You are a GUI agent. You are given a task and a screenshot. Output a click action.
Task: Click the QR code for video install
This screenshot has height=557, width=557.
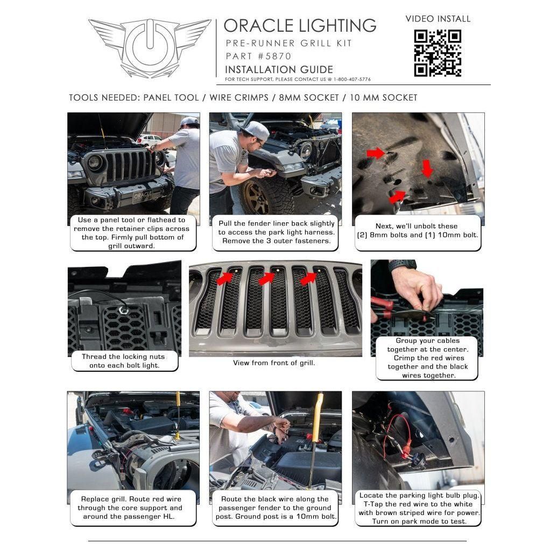click(x=437, y=53)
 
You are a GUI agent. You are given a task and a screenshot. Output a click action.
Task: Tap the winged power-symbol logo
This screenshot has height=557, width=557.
click(x=150, y=48)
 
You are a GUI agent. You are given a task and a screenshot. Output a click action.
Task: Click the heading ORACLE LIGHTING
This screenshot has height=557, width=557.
click(x=300, y=25)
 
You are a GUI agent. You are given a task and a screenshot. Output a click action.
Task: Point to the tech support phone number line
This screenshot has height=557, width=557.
click(x=298, y=80)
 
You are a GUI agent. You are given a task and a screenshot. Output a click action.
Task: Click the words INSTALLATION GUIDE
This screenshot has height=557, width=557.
click(x=279, y=69)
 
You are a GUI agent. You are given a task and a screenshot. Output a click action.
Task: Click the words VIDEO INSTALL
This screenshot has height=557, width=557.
click(x=438, y=19)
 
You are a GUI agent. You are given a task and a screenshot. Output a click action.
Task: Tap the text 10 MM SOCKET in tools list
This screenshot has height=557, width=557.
click(x=384, y=97)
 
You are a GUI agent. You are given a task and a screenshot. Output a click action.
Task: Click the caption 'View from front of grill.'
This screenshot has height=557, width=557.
click(x=274, y=363)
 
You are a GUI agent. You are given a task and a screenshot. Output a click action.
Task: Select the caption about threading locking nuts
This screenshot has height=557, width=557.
click(x=123, y=361)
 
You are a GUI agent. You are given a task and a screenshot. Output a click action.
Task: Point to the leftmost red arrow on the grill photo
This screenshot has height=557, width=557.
click(x=225, y=277)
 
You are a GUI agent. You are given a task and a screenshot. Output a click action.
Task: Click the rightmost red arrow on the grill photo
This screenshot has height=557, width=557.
click(x=308, y=277)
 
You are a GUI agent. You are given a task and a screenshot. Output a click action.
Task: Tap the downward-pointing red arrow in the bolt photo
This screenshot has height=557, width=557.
click(x=427, y=168)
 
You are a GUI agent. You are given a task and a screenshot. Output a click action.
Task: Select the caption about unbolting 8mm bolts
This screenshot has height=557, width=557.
click(x=418, y=231)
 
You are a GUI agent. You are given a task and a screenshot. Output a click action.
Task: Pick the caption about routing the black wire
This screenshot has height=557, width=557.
click(x=274, y=507)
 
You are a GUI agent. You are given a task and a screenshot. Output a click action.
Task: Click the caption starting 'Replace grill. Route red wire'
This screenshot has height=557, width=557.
click(x=131, y=507)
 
